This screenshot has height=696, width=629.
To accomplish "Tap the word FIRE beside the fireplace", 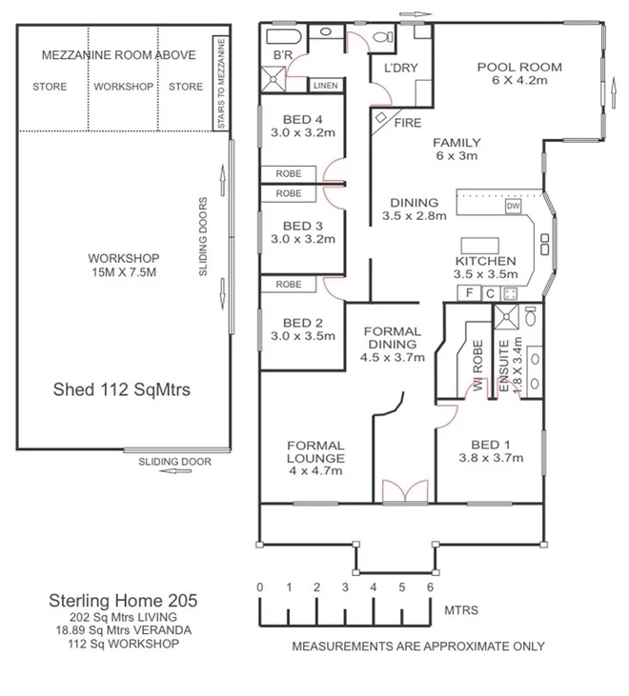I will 407,123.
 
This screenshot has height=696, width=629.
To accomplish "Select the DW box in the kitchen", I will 513,206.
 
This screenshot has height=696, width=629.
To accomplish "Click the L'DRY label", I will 395,70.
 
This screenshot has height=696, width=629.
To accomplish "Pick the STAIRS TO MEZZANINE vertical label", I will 220,84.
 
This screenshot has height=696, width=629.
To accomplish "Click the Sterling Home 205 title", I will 123,601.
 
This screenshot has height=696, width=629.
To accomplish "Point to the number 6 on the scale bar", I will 431,587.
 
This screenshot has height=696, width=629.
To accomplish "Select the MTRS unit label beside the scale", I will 461,609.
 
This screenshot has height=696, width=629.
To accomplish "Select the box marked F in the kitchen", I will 470,293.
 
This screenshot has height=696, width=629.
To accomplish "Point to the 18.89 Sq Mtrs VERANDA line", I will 123,629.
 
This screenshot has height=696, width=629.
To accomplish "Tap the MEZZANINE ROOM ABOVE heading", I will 119,55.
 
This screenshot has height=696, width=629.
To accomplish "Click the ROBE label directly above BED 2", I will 289,285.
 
